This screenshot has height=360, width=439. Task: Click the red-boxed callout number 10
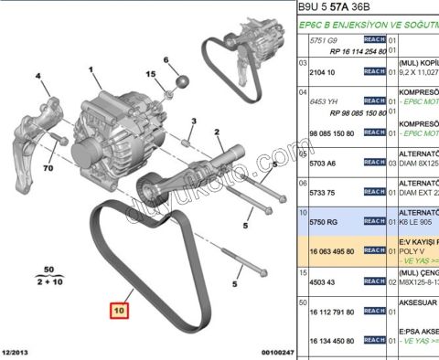click(121, 310)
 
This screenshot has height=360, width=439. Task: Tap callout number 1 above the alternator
click(91, 69)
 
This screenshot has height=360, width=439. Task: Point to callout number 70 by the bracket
click(48, 169)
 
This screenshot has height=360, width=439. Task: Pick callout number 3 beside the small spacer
click(195, 122)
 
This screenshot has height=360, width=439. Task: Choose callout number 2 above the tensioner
click(219, 133)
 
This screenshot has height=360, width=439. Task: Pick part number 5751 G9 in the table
click(326, 41)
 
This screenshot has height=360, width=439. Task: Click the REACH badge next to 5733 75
click(374, 192)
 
